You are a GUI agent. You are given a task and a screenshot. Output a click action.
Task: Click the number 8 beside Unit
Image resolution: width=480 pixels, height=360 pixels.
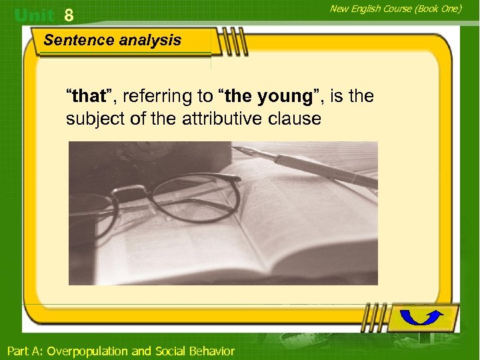[x=68, y=15]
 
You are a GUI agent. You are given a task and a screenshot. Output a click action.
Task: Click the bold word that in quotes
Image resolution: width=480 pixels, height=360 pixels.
[x=89, y=97]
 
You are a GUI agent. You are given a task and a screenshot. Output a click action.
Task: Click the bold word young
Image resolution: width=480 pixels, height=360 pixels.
[x=284, y=97]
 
